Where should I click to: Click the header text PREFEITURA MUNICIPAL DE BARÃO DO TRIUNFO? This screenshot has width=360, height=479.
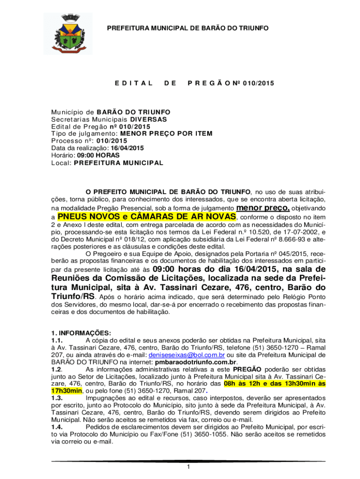click(188, 29)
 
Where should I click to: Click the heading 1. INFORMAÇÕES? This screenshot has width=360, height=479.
click(81, 333)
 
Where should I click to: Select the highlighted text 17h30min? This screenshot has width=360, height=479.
click(66, 391)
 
